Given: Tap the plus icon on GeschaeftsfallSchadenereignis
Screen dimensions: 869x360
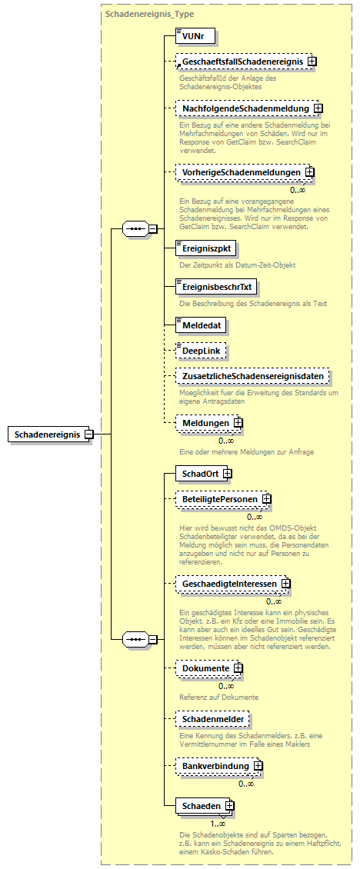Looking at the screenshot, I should (x=312, y=61).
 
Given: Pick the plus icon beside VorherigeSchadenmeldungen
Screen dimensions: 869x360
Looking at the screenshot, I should (x=309, y=173).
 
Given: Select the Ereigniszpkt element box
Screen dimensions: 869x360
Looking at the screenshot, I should (x=204, y=248).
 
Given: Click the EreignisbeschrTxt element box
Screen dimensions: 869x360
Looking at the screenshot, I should (x=216, y=287).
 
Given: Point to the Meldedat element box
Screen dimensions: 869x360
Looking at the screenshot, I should (x=201, y=325).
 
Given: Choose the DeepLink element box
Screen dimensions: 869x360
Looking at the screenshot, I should (x=201, y=351).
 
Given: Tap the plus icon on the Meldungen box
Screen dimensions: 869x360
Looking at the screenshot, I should (x=238, y=423).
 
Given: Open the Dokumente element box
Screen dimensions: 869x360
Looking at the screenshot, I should (x=204, y=668).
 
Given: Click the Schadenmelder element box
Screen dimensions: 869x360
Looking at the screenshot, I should (x=212, y=720).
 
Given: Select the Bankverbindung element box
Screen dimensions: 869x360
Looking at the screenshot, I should (x=215, y=767).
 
